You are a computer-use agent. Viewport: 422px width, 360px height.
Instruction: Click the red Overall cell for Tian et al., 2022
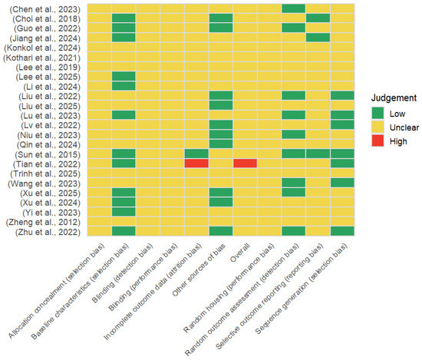pyautogui.click(x=245, y=163)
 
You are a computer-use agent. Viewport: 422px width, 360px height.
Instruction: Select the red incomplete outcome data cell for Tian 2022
pyautogui.click(x=196, y=163)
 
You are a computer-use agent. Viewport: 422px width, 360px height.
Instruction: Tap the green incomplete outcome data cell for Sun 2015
pyautogui.click(x=196, y=154)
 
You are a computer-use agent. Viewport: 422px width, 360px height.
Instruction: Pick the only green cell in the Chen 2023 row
pyautogui.click(x=294, y=8)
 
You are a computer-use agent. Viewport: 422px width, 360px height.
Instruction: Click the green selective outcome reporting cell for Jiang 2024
pyautogui.click(x=318, y=38)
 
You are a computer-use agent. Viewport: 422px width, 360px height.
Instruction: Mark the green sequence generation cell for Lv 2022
pyautogui.click(x=342, y=124)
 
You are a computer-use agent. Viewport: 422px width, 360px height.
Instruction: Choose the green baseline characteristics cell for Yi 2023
pyautogui.click(x=124, y=212)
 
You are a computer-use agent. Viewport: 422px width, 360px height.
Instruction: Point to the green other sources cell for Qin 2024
pyautogui.click(x=221, y=144)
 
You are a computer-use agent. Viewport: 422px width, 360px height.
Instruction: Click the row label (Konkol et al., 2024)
pyautogui.click(x=42, y=48)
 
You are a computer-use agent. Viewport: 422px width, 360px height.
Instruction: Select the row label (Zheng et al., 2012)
pyautogui.click(x=43, y=223)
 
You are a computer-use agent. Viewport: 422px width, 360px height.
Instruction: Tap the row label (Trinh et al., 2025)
pyautogui.click(x=45, y=174)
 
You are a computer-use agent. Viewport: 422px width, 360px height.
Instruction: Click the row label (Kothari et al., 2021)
pyautogui.click(x=41, y=58)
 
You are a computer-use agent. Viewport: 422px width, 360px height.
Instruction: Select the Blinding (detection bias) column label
pyautogui.click(x=123, y=272)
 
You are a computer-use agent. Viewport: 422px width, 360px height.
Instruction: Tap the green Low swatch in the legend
pyautogui.click(x=377, y=114)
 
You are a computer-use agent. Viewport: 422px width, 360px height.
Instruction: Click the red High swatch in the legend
pyautogui.click(x=377, y=141)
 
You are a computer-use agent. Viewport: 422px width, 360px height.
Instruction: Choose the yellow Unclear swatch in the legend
pyautogui.click(x=377, y=127)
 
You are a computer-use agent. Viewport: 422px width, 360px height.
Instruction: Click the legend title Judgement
pyautogui.click(x=394, y=98)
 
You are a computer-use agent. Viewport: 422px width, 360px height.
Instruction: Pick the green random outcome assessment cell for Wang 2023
pyautogui.click(x=294, y=183)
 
